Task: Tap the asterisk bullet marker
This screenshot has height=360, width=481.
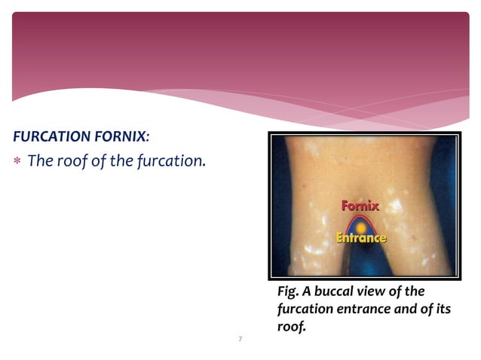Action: click(x=17, y=163)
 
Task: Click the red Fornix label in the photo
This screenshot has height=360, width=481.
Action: click(x=360, y=206)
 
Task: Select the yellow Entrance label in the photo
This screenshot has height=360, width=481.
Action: click(x=361, y=238)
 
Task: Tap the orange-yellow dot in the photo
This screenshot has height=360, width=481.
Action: click(x=360, y=226)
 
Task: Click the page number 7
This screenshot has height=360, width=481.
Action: click(x=240, y=340)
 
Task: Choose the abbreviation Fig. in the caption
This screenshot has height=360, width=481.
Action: click(x=290, y=291)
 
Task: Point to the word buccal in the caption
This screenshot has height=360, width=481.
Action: click(x=339, y=291)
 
